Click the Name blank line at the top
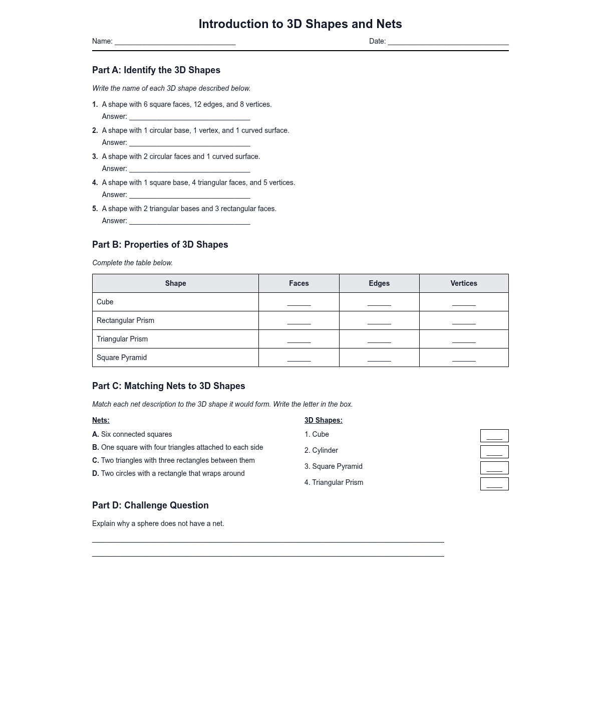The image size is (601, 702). pos(175,42)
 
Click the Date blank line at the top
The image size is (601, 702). pos(448,42)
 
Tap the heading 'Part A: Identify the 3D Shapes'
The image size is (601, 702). pos(156,70)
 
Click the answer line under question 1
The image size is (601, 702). pos(189,117)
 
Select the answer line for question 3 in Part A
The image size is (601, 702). pos(189,169)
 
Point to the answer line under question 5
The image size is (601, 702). pos(189,222)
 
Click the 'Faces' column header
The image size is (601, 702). pos(298,283)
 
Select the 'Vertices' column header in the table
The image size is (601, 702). pos(463,283)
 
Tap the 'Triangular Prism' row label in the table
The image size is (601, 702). pos(122,339)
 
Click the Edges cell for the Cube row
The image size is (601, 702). pos(379,302)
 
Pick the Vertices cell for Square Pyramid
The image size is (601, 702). pos(463,358)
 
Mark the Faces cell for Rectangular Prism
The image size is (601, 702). pos(298,321)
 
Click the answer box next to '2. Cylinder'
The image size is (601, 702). pos(494,452)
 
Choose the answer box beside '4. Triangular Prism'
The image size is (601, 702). pos(494,484)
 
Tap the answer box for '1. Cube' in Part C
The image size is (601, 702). pos(494,436)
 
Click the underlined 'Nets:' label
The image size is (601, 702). pos(101,420)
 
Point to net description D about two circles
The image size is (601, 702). pos(168,473)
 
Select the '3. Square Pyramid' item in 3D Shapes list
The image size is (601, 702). pos(333,466)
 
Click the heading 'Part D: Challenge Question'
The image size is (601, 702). pos(150,505)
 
